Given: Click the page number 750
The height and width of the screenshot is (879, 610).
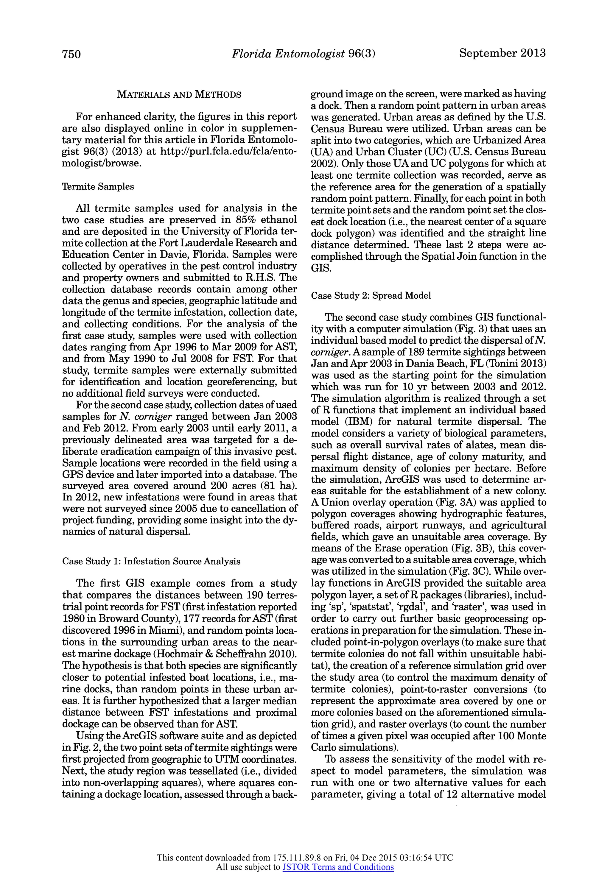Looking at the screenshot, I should [71, 54].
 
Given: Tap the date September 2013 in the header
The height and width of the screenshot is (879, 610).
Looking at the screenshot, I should [502, 53].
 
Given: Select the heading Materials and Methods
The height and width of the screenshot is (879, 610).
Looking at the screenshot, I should [179, 94].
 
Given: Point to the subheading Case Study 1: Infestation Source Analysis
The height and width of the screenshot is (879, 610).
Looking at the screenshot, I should [151, 561].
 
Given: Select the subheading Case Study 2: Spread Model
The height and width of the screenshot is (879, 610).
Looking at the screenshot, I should [371, 295].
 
